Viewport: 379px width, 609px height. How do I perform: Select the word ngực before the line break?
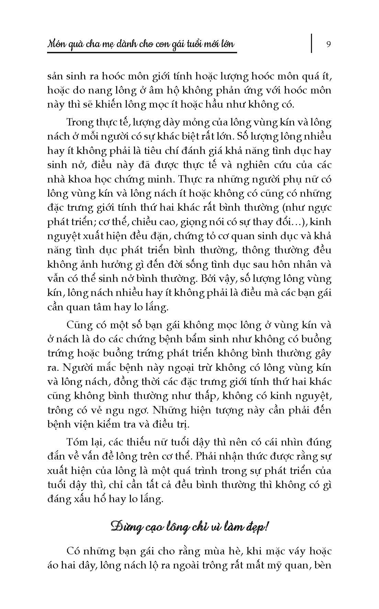click(318, 208)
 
